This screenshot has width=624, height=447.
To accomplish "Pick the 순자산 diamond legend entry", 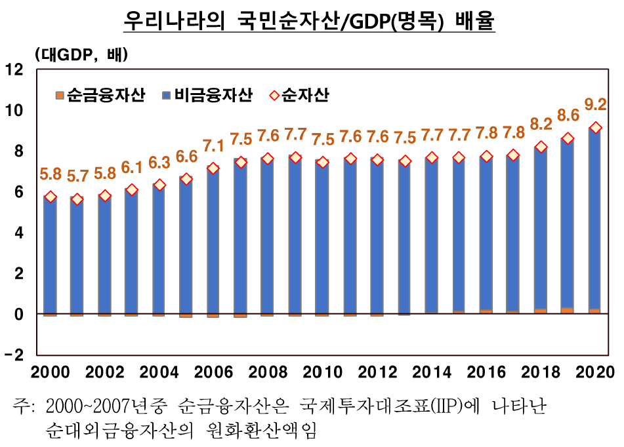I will pyautogui.click(x=299, y=96).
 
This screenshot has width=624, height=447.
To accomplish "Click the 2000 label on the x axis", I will pyautogui.click(x=51, y=372).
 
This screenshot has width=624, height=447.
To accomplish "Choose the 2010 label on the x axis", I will pyautogui.click(x=323, y=372).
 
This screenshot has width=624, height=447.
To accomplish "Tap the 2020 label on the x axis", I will pyautogui.click(x=594, y=372).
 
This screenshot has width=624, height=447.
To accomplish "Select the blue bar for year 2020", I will pyautogui.click(x=594, y=223).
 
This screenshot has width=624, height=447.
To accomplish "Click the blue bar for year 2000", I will pyautogui.click(x=51, y=256).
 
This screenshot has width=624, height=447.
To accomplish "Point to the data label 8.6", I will pyautogui.click(x=568, y=116).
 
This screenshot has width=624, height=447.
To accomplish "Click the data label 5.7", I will pyautogui.click(x=77, y=176).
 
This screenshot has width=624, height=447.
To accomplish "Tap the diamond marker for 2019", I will pyautogui.click(x=568, y=138).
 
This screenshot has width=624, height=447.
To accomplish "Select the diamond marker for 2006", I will pyautogui.click(x=213, y=168).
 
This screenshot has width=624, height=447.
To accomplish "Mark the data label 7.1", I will pyautogui.click(x=213, y=145).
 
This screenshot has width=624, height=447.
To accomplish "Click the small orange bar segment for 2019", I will pyautogui.click(x=568, y=311).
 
